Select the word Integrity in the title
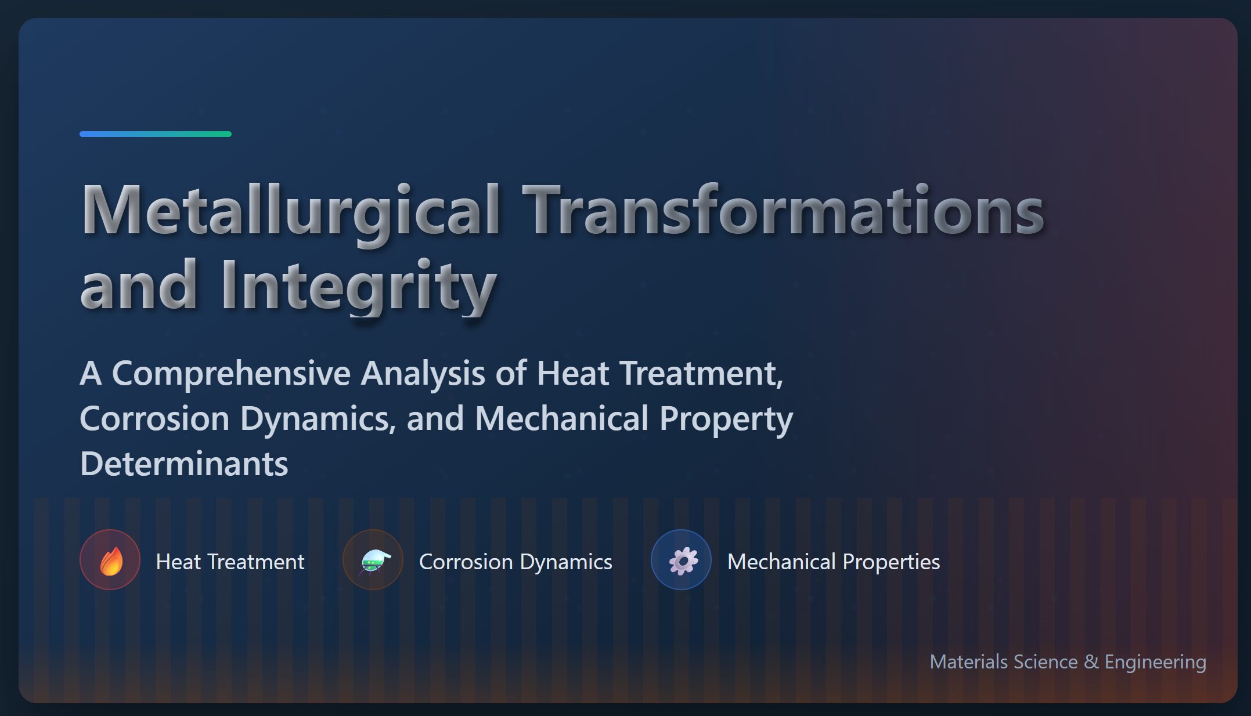coord(358,286)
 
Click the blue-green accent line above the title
coord(156,134)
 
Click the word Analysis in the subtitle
coord(423,373)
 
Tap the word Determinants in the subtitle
coord(184,464)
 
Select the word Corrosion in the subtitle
coord(155,419)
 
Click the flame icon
coord(111,561)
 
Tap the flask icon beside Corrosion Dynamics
coord(374,561)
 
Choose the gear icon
coord(683,561)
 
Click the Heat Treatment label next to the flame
coord(230,562)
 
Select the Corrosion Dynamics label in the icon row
coord(515,562)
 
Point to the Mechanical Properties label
coord(834,562)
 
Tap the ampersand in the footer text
coord(1091,662)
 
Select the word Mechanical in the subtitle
coord(561,419)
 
